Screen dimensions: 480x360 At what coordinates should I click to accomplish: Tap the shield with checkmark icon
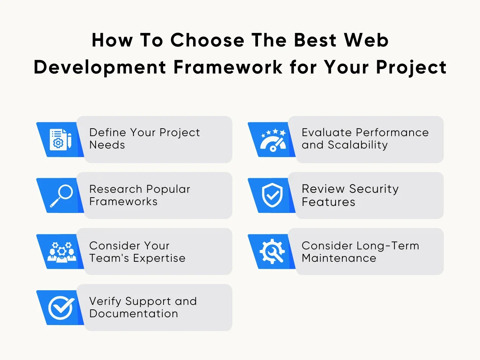pyautogui.click(x=272, y=195)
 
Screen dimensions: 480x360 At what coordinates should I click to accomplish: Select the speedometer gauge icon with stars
pyautogui.click(x=273, y=140)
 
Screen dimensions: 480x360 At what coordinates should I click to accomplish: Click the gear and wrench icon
pyautogui.click(x=272, y=251)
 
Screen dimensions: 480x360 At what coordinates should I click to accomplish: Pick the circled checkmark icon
pyautogui.click(x=61, y=307)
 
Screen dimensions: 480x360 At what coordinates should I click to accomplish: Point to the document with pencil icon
pyautogui.click(x=61, y=139)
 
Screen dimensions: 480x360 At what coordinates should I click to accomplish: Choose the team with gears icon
pyautogui.click(x=61, y=252)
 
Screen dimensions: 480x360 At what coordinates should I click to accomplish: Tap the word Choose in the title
pyautogui.click(x=207, y=40)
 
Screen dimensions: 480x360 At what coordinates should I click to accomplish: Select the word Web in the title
pyautogui.click(x=366, y=40)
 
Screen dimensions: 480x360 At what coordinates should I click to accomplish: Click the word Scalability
pyautogui.click(x=358, y=145)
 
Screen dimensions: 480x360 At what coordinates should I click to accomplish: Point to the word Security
pyautogui.click(x=374, y=189)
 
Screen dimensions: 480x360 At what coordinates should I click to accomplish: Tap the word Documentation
pyautogui.click(x=133, y=313)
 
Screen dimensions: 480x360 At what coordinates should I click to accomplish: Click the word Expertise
pyautogui.click(x=159, y=258)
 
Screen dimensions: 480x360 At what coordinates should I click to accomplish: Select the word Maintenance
pyautogui.click(x=339, y=258)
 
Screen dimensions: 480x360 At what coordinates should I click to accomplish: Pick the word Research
pyautogui.click(x=115, y=189)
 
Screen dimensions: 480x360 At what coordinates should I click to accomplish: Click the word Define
pyautogui.click(x=108, y=132)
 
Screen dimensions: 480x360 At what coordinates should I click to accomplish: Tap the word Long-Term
pyautogui.click(x=388, y=246)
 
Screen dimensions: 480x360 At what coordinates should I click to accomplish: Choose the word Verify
pyautogui.click(x=105, y=301)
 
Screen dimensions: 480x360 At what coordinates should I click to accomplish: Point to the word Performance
pyautogui.click(x=392, y=132)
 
